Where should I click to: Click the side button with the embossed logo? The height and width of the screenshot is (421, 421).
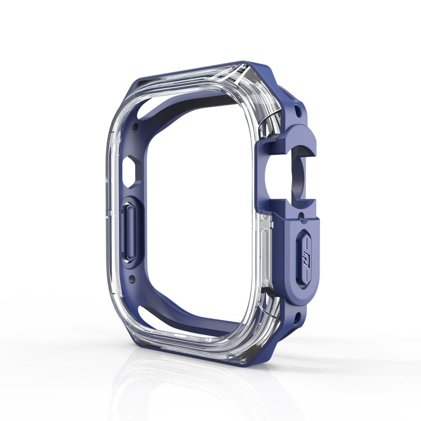point(301,258)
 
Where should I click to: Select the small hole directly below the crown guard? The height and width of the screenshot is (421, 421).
point(301,215)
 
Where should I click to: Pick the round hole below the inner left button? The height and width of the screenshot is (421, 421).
point(132,278)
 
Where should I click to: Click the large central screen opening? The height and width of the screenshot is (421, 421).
point(196,213)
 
